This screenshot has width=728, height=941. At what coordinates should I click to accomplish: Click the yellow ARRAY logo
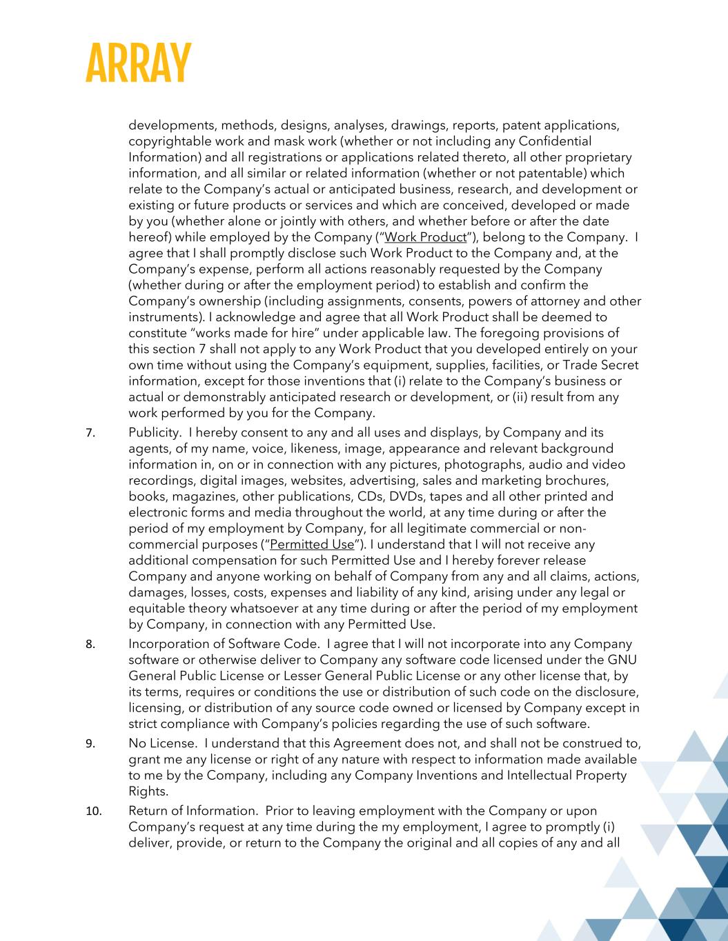(138, 63)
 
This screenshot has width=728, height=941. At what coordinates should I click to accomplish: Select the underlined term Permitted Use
(312, 545)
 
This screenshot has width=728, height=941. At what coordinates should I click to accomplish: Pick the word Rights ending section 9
(148, 791)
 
